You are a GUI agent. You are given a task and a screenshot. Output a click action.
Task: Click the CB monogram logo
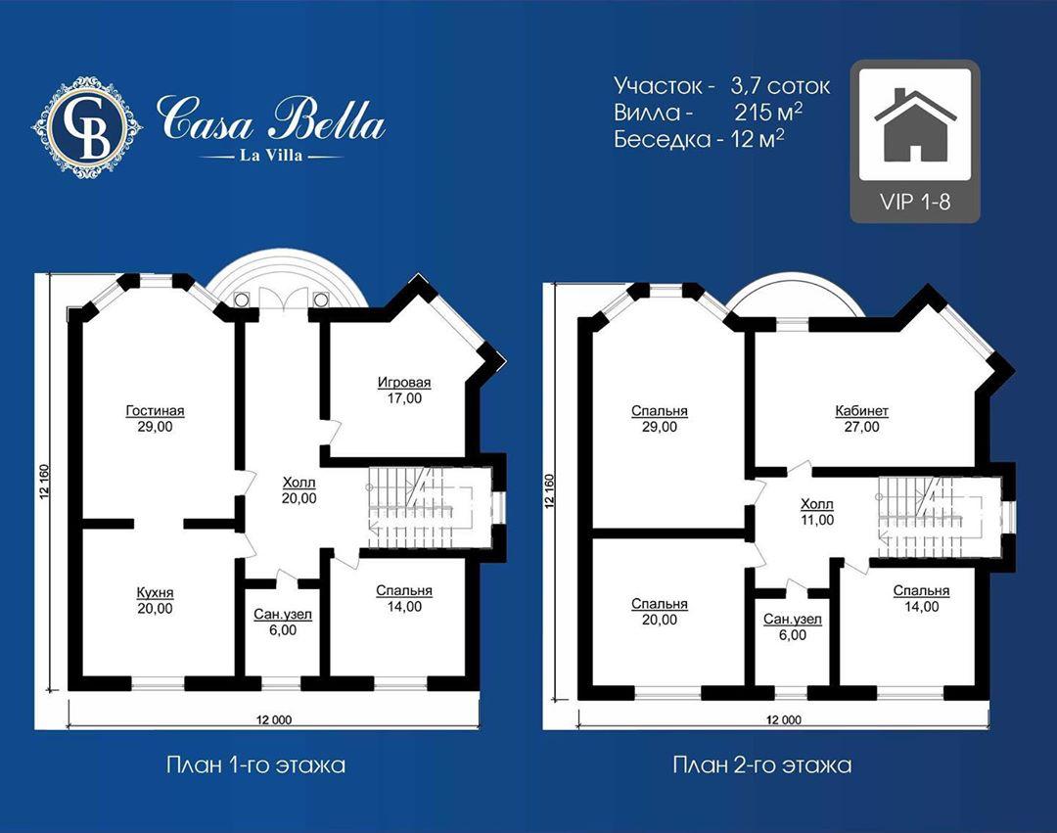point(87,127)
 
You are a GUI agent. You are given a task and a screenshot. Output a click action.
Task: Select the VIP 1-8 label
point(915,202)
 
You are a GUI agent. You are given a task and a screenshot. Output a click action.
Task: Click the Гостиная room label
point(155,410)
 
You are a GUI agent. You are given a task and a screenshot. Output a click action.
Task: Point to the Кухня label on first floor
point(155,592)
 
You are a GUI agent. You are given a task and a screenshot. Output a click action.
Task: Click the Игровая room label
point(404,382)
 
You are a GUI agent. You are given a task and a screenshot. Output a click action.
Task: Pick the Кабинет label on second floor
point(861,410)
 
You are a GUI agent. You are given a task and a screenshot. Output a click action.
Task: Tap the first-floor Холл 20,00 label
point(299,490)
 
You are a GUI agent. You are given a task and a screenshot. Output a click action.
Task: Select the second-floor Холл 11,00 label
point(817,512)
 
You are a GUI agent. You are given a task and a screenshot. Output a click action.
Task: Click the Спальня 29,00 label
point(660,419)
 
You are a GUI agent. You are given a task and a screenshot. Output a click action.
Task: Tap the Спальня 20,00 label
point(660,611)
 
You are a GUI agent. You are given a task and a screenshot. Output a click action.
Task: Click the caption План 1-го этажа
point(255,764)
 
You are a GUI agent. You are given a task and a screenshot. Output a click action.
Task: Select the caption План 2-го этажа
point(761,764)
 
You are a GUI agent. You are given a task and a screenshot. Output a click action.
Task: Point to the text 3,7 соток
point(780,86)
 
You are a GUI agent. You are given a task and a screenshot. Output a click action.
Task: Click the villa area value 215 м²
point(768,112)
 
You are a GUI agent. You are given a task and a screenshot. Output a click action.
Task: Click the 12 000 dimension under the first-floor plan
point(274,719)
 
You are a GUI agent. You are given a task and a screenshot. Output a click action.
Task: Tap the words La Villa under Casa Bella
point(272,156)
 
